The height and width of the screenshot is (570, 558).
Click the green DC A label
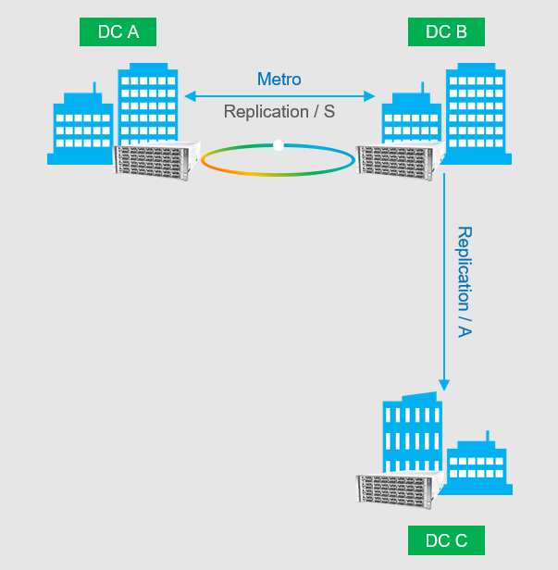[x=118, y=32]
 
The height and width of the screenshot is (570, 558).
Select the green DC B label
[x=445, y=32]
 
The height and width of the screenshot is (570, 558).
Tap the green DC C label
[x=445, y=540]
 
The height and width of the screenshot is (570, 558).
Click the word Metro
[x=279, y=80]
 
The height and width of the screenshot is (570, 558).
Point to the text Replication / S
[x=279, y=112]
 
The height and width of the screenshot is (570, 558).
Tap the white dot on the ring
[x=279, y=144]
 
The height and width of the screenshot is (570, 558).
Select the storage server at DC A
[x=156, y=159]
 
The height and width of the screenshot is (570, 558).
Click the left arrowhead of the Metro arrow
[x=189, y=95]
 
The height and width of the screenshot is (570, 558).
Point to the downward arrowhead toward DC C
[x=444, y=383]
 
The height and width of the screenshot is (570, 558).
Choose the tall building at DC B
[x=477, y=111]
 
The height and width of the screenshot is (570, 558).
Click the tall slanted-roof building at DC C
[x=412, y=435]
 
